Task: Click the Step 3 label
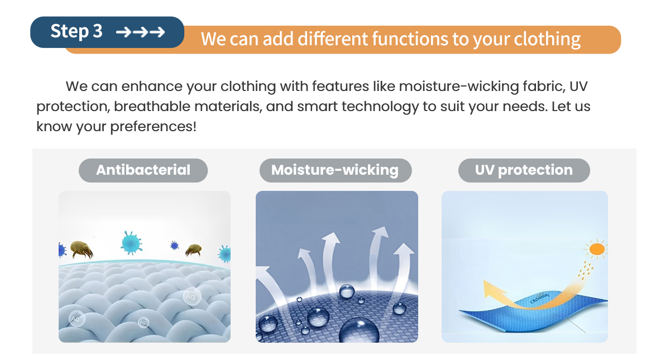[76, 31]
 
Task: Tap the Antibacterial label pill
[143, 170]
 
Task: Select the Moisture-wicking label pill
[336, 170]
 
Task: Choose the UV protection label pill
[524, 170]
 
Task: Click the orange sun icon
[597, 249]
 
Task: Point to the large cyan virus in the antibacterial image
[131, 242]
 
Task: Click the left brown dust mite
[82, 249]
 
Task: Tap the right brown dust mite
[193, 250]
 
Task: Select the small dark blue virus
[174, 246]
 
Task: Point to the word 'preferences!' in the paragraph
[153, 127]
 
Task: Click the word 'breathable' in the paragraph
[152, 107]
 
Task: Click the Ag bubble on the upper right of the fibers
[191, 296]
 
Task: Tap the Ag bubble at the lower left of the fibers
[76, 319]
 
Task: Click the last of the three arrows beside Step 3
[157, 32]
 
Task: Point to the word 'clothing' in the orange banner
[547, 39]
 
